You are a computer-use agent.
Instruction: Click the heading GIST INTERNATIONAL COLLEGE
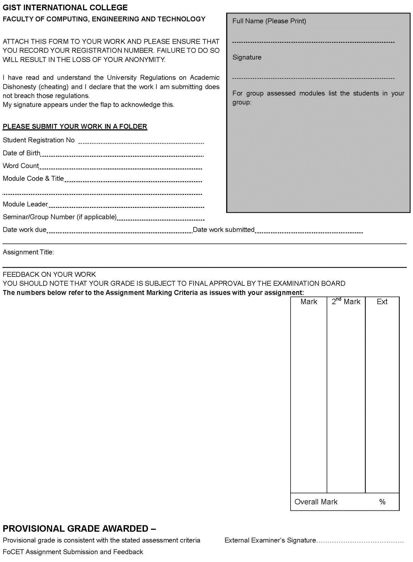[x=65, y=8]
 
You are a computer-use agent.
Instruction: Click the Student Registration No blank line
[x=141, y=143]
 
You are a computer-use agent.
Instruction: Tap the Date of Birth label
[x=22, y=153]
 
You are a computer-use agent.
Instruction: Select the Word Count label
[x=21, y=166]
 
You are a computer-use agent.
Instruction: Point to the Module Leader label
[x=25, y=204]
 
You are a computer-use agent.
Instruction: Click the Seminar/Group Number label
[x=59, y=217]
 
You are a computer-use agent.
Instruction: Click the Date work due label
[x=24, y=230]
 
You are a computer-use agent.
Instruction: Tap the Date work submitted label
[x=224, y=230]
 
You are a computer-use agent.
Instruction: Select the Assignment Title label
[x=28, y=252]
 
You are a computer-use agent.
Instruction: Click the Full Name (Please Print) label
[x=269, y=21]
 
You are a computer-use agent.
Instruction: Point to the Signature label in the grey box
[x=247, y=57]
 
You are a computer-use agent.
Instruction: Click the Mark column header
[x=309, y=302]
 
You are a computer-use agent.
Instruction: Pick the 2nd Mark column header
[x=346, y=301]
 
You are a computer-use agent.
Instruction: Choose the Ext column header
[x=382, y=302]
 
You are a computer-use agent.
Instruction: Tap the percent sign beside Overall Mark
[x=382, y=502]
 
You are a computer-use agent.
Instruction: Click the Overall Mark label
[x=316, y=502]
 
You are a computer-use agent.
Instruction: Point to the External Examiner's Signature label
[x=270, y=540]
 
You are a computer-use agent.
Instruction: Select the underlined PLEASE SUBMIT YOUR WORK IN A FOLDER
[x=75, y=126]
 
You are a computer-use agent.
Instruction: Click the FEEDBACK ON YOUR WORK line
[x=49, y=274]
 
